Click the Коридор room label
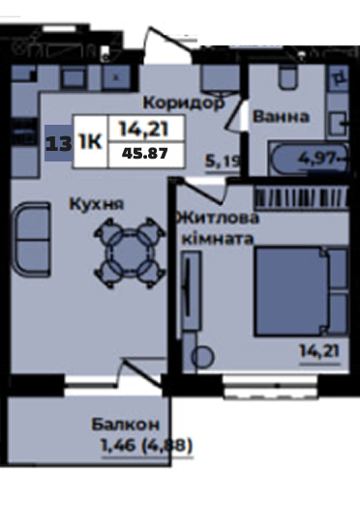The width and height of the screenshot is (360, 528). (x=184, y=103)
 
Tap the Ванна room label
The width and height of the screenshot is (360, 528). (x=281, y=116)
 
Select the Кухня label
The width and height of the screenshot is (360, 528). (x=97, y=204)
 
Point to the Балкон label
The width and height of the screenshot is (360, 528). (x=126, y=425)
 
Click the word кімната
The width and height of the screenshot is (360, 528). (x=218, y=240)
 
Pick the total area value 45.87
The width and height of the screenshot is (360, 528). (x=144, y=154)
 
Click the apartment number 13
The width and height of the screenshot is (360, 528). (x=59, y=144)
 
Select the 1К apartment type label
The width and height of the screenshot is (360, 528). (x=90, y=141)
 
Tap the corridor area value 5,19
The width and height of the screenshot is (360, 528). (x=223, y=161)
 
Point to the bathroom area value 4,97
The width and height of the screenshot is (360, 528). (x=317, y=158)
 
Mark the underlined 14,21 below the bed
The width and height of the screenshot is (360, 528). (x=319, y=352)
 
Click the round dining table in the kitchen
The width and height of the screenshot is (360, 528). (x=130, y=253)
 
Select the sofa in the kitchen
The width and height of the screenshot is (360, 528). (x=31, y=240)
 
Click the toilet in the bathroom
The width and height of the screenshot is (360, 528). (x=288, y=77)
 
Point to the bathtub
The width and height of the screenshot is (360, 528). (x=309, y=159)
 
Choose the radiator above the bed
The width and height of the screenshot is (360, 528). (x=302, y=197)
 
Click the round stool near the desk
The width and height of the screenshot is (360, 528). (x=202, y=357)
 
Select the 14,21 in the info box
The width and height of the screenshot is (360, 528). (x=144, y=129)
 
